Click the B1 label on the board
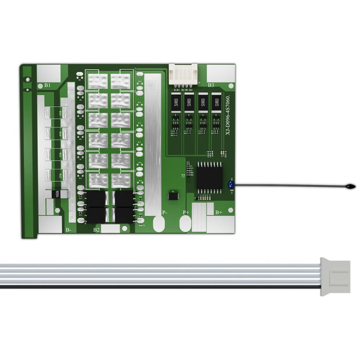47,85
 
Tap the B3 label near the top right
211,85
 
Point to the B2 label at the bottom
96,230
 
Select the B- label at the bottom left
68,230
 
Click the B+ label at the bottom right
218,213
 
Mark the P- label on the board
164,213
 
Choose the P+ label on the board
186,213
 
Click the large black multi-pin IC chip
209,177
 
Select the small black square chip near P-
172,196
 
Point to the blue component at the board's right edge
231,185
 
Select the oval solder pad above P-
159,224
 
